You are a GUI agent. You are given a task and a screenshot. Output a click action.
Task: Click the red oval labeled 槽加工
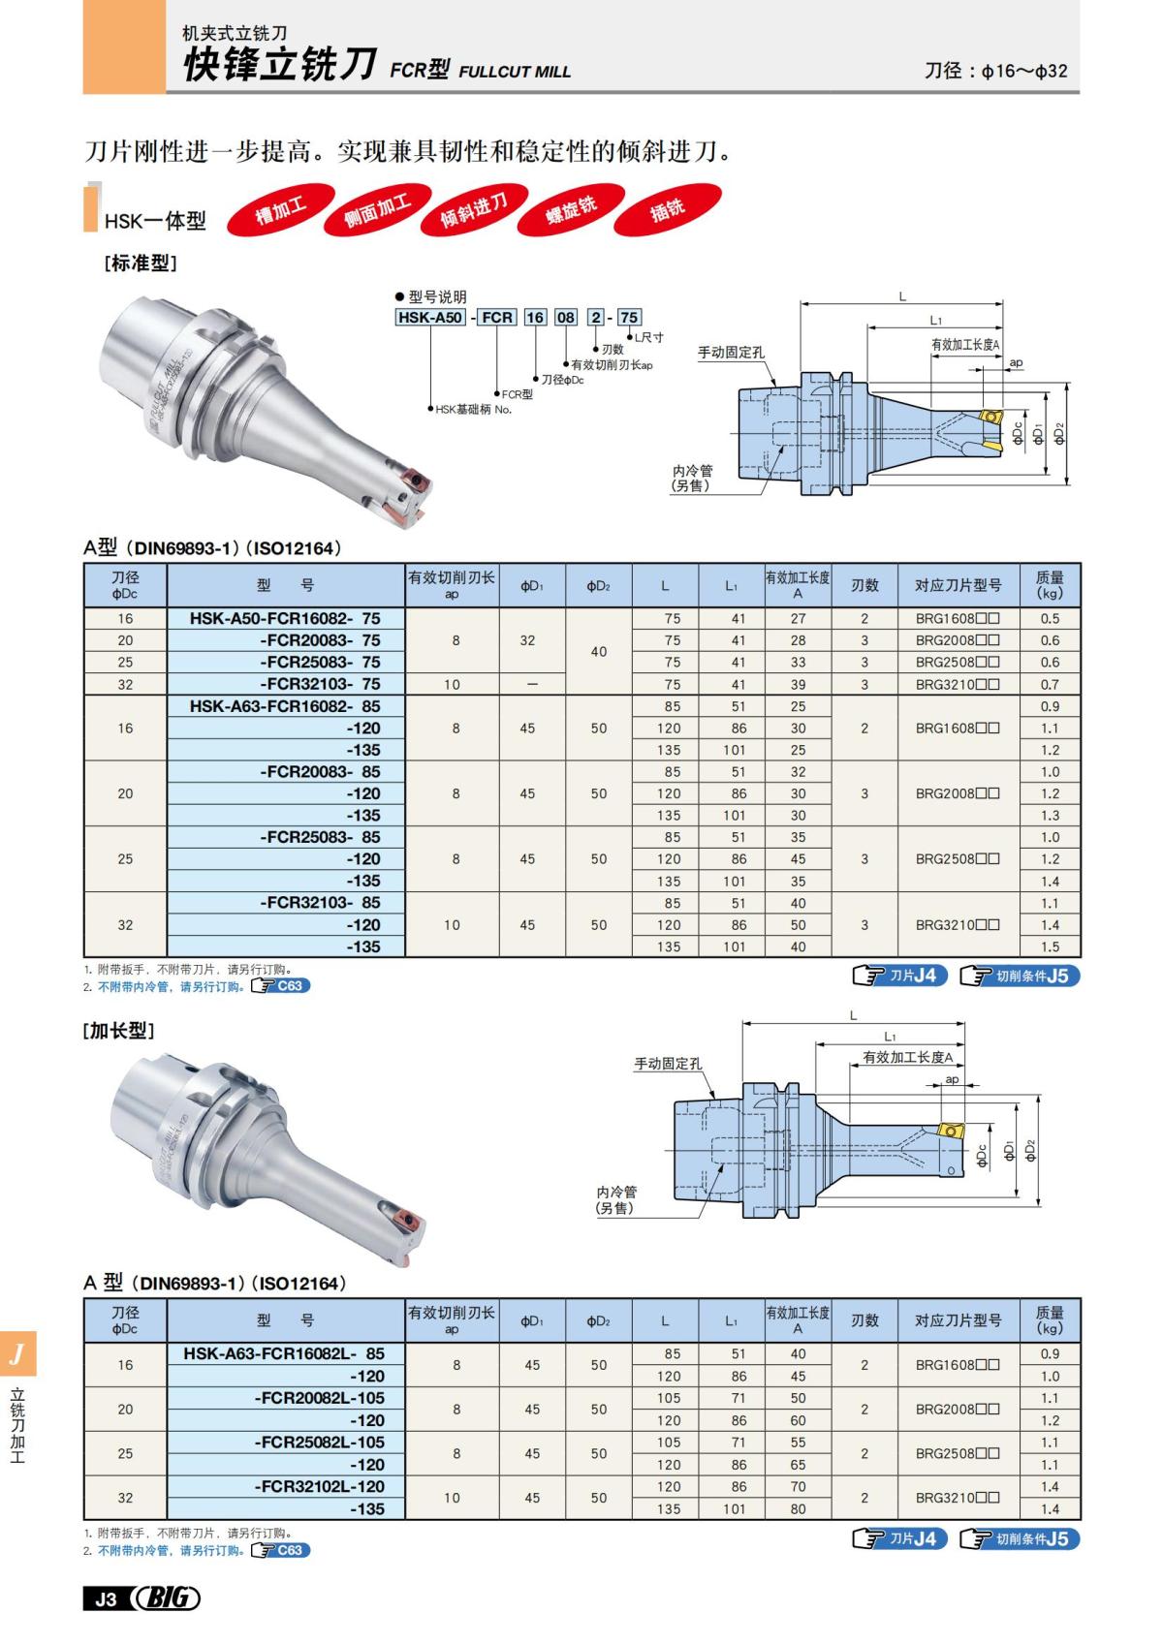(x=280, y=211)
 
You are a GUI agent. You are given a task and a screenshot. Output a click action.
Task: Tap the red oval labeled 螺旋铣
(x=571, y=210)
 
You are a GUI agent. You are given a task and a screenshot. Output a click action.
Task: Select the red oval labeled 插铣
(x=667, y=208)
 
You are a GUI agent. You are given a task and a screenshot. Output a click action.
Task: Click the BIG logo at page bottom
(x=169, y=1598)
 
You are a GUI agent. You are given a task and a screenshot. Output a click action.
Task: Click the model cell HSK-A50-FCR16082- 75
(x=285, y=618)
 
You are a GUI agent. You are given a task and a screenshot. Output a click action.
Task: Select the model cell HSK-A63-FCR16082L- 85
(x=285, y=1353)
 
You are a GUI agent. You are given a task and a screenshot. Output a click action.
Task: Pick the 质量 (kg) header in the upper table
(x=1049, y=584)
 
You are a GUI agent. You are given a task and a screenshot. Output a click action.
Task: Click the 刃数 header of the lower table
(x=864, y=1319)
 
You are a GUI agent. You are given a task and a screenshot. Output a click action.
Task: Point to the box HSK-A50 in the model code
(x=430, y=317)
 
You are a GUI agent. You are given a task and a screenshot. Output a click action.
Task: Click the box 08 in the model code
(x=566, y=317)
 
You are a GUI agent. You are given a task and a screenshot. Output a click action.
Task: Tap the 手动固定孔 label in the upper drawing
(x=732, y=353)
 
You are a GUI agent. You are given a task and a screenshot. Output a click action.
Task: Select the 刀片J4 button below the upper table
(x=899, y=976)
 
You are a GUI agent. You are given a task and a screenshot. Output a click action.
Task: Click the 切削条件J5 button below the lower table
(x=1021, y=1539)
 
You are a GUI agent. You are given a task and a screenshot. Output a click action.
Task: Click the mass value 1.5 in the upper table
(x=1049, y=946)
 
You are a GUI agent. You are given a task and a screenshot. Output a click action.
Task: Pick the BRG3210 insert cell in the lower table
(x=958, y=1498)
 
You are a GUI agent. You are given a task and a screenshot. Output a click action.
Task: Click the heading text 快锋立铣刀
(x=280, y=65)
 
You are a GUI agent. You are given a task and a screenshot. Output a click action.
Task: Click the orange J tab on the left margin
(x=17, y=1353)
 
